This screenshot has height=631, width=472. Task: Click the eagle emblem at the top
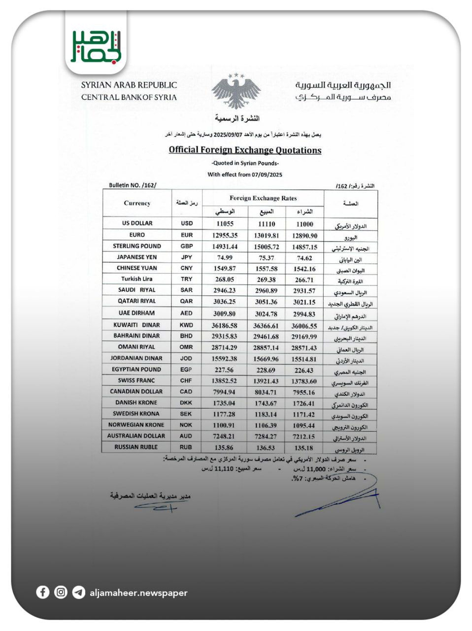236,91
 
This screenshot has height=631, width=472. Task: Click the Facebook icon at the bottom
43,592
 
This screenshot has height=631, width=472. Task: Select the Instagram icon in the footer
61,592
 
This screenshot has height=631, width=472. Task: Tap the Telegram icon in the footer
78,592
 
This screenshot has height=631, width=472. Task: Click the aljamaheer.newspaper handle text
138,593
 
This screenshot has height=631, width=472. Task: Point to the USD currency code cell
187,223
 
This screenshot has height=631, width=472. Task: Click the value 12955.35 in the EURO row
225,235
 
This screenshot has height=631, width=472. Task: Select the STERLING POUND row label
137,246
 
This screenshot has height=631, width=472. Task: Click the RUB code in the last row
186,447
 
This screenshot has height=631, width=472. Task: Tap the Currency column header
137,203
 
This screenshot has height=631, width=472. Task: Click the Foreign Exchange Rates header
263,198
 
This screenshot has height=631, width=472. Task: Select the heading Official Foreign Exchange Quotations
245,150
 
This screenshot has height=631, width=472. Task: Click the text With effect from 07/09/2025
245,174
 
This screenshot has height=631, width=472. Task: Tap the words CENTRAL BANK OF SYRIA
129,97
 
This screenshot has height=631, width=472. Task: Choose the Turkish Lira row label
137,279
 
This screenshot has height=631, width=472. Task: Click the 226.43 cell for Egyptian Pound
304,370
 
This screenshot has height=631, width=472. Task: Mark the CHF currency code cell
186,381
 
